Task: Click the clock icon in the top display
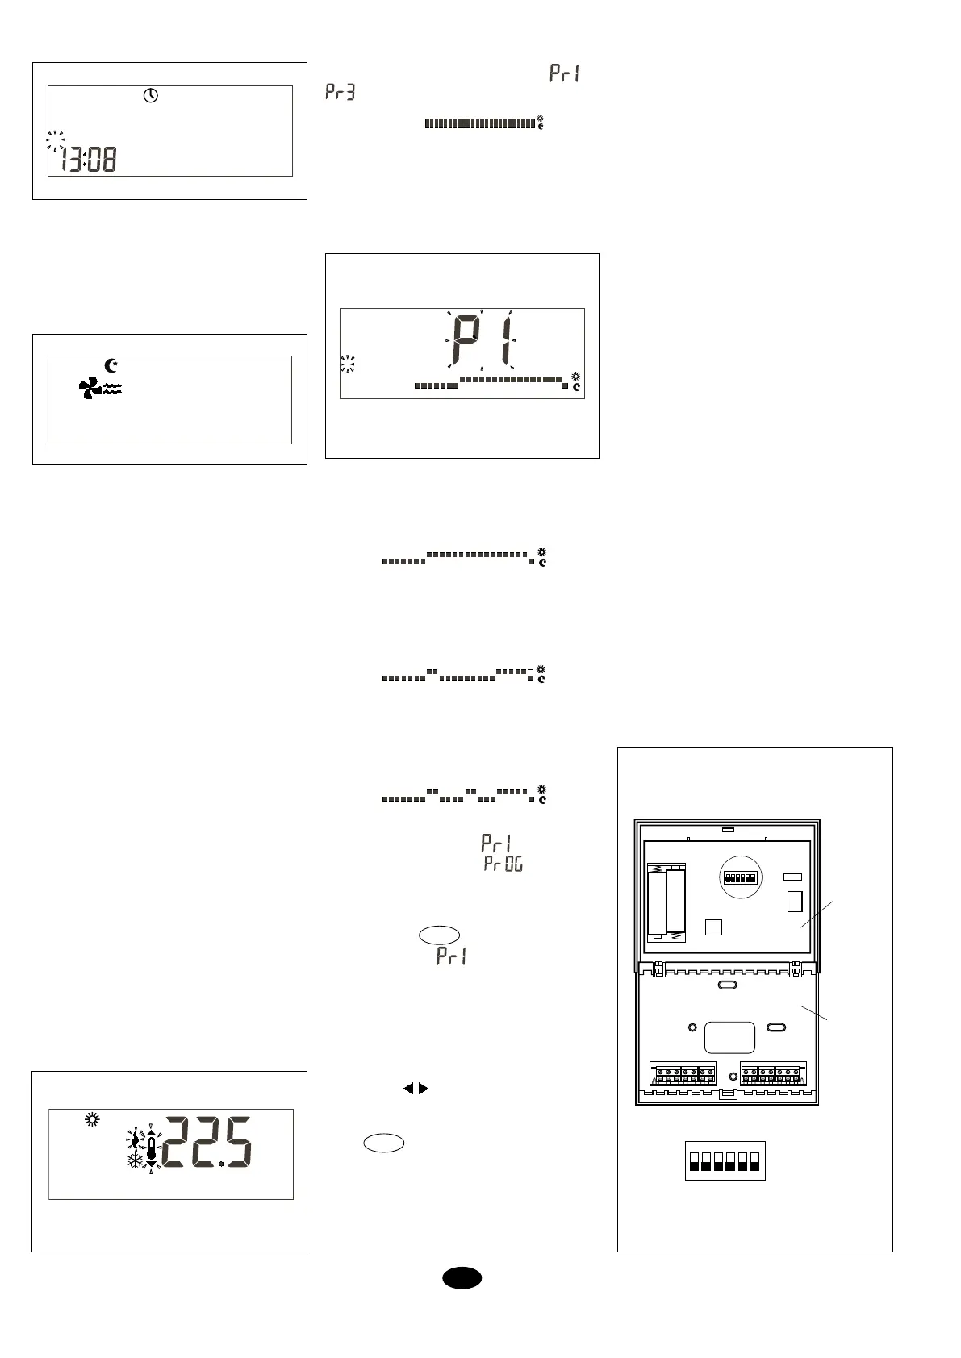(151, 96)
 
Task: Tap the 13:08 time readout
(88, 159)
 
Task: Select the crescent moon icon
(111, 365)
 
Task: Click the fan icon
(90, 390)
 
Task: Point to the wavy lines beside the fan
(112, 389)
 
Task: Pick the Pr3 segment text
(340, 93)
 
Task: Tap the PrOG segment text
(503, 864)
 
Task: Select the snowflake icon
(133, 1161)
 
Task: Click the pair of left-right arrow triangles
(416, 1089)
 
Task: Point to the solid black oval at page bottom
(462, 1278)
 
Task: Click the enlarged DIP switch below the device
(725, 1161)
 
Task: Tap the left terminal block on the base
(684, 1074)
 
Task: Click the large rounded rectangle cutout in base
(729, 1037)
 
